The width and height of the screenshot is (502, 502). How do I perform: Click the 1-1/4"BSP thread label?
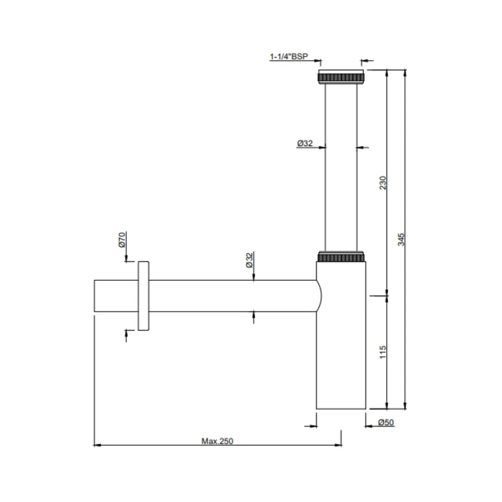point(289,56)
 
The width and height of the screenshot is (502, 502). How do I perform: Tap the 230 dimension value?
point(383,183)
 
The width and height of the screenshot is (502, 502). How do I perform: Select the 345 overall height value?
point(401,239)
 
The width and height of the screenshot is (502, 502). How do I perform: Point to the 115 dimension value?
point(383,352)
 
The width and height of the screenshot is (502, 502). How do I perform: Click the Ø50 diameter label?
point(386,422)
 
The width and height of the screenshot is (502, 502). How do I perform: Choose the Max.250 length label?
point(217,441)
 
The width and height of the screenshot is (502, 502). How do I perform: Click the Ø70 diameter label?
point(122,240)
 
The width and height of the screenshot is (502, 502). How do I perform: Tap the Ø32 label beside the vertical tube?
point(305,143)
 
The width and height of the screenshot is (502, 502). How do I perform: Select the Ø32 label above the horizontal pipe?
point(250,260)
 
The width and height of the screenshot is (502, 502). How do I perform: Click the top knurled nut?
point(341,77)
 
